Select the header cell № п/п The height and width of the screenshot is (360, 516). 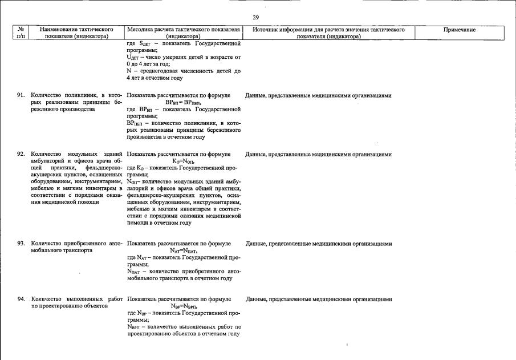[19, 33]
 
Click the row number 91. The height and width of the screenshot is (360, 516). [21, 95]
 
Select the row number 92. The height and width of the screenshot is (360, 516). [21, 154]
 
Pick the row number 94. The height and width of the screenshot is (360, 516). [21, 299]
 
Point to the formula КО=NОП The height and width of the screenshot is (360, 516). [183, 161]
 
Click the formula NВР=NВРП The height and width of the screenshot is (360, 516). [183, 306]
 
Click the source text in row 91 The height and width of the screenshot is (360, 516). [318, 95]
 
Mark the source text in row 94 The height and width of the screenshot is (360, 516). [318, 299]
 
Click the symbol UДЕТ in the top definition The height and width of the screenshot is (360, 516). [133, 58]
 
